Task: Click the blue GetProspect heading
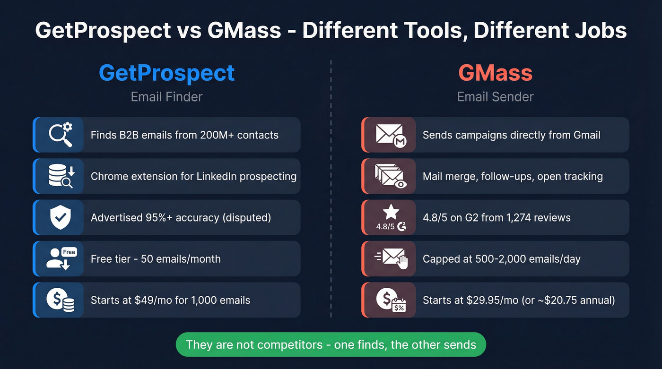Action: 166,73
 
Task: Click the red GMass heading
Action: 495,73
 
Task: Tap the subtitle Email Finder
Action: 166,97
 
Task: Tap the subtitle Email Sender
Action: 495,97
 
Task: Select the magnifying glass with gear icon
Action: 61,135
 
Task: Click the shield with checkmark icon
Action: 61,217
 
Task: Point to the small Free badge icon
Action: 69,252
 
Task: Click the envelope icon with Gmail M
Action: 389,135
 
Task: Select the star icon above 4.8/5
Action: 392,212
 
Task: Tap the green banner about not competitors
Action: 331,344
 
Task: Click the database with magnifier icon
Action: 61,176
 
